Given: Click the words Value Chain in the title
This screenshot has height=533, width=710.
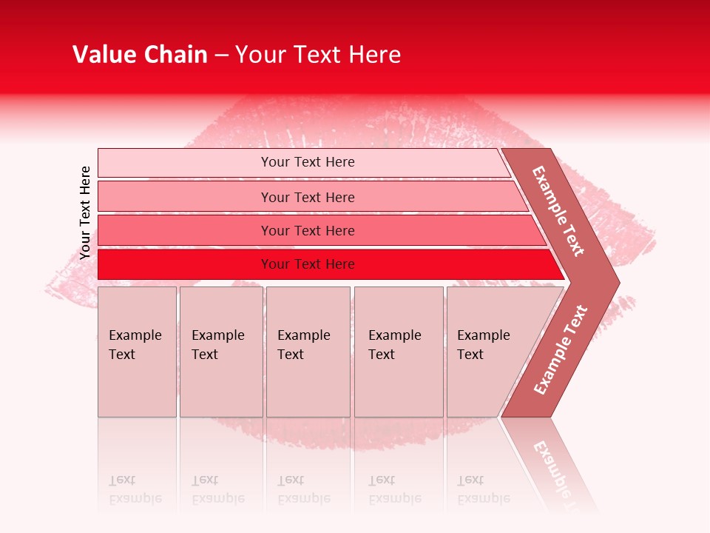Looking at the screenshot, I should coord(140,55).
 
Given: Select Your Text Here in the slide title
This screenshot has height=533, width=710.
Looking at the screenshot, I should coord(318,55).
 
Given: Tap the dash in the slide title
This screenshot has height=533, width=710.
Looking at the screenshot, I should coord(221,56).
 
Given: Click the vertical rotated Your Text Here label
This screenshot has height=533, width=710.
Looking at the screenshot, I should coord(86,212).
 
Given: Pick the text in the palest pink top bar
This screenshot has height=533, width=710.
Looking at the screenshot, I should coord(308,162).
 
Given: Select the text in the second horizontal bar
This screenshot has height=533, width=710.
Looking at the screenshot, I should coord(308,197).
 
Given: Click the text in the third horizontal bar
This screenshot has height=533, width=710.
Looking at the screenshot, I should coord(308,230).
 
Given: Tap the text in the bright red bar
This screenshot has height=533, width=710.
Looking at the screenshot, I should coord(308,264).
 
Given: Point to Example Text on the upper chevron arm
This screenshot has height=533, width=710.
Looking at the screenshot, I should coord(558,211).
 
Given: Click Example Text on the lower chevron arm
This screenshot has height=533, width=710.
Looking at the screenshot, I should coord(561,349).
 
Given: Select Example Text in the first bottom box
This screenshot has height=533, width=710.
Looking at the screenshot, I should coord(135,345).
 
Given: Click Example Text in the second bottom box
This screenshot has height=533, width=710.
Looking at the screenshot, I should coord(217,345).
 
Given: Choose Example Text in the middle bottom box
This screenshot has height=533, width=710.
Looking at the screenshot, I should coord(303,345).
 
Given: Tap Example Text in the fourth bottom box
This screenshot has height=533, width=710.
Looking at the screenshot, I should coord(394,345).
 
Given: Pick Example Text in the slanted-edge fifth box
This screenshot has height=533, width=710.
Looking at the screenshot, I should coord(483,345).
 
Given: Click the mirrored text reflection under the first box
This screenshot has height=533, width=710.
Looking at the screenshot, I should coord(135,489).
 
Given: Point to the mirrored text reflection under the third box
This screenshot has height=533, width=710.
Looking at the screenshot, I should coord(303,489).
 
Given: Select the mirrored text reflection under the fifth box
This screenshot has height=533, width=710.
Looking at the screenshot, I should coord(483,489).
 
